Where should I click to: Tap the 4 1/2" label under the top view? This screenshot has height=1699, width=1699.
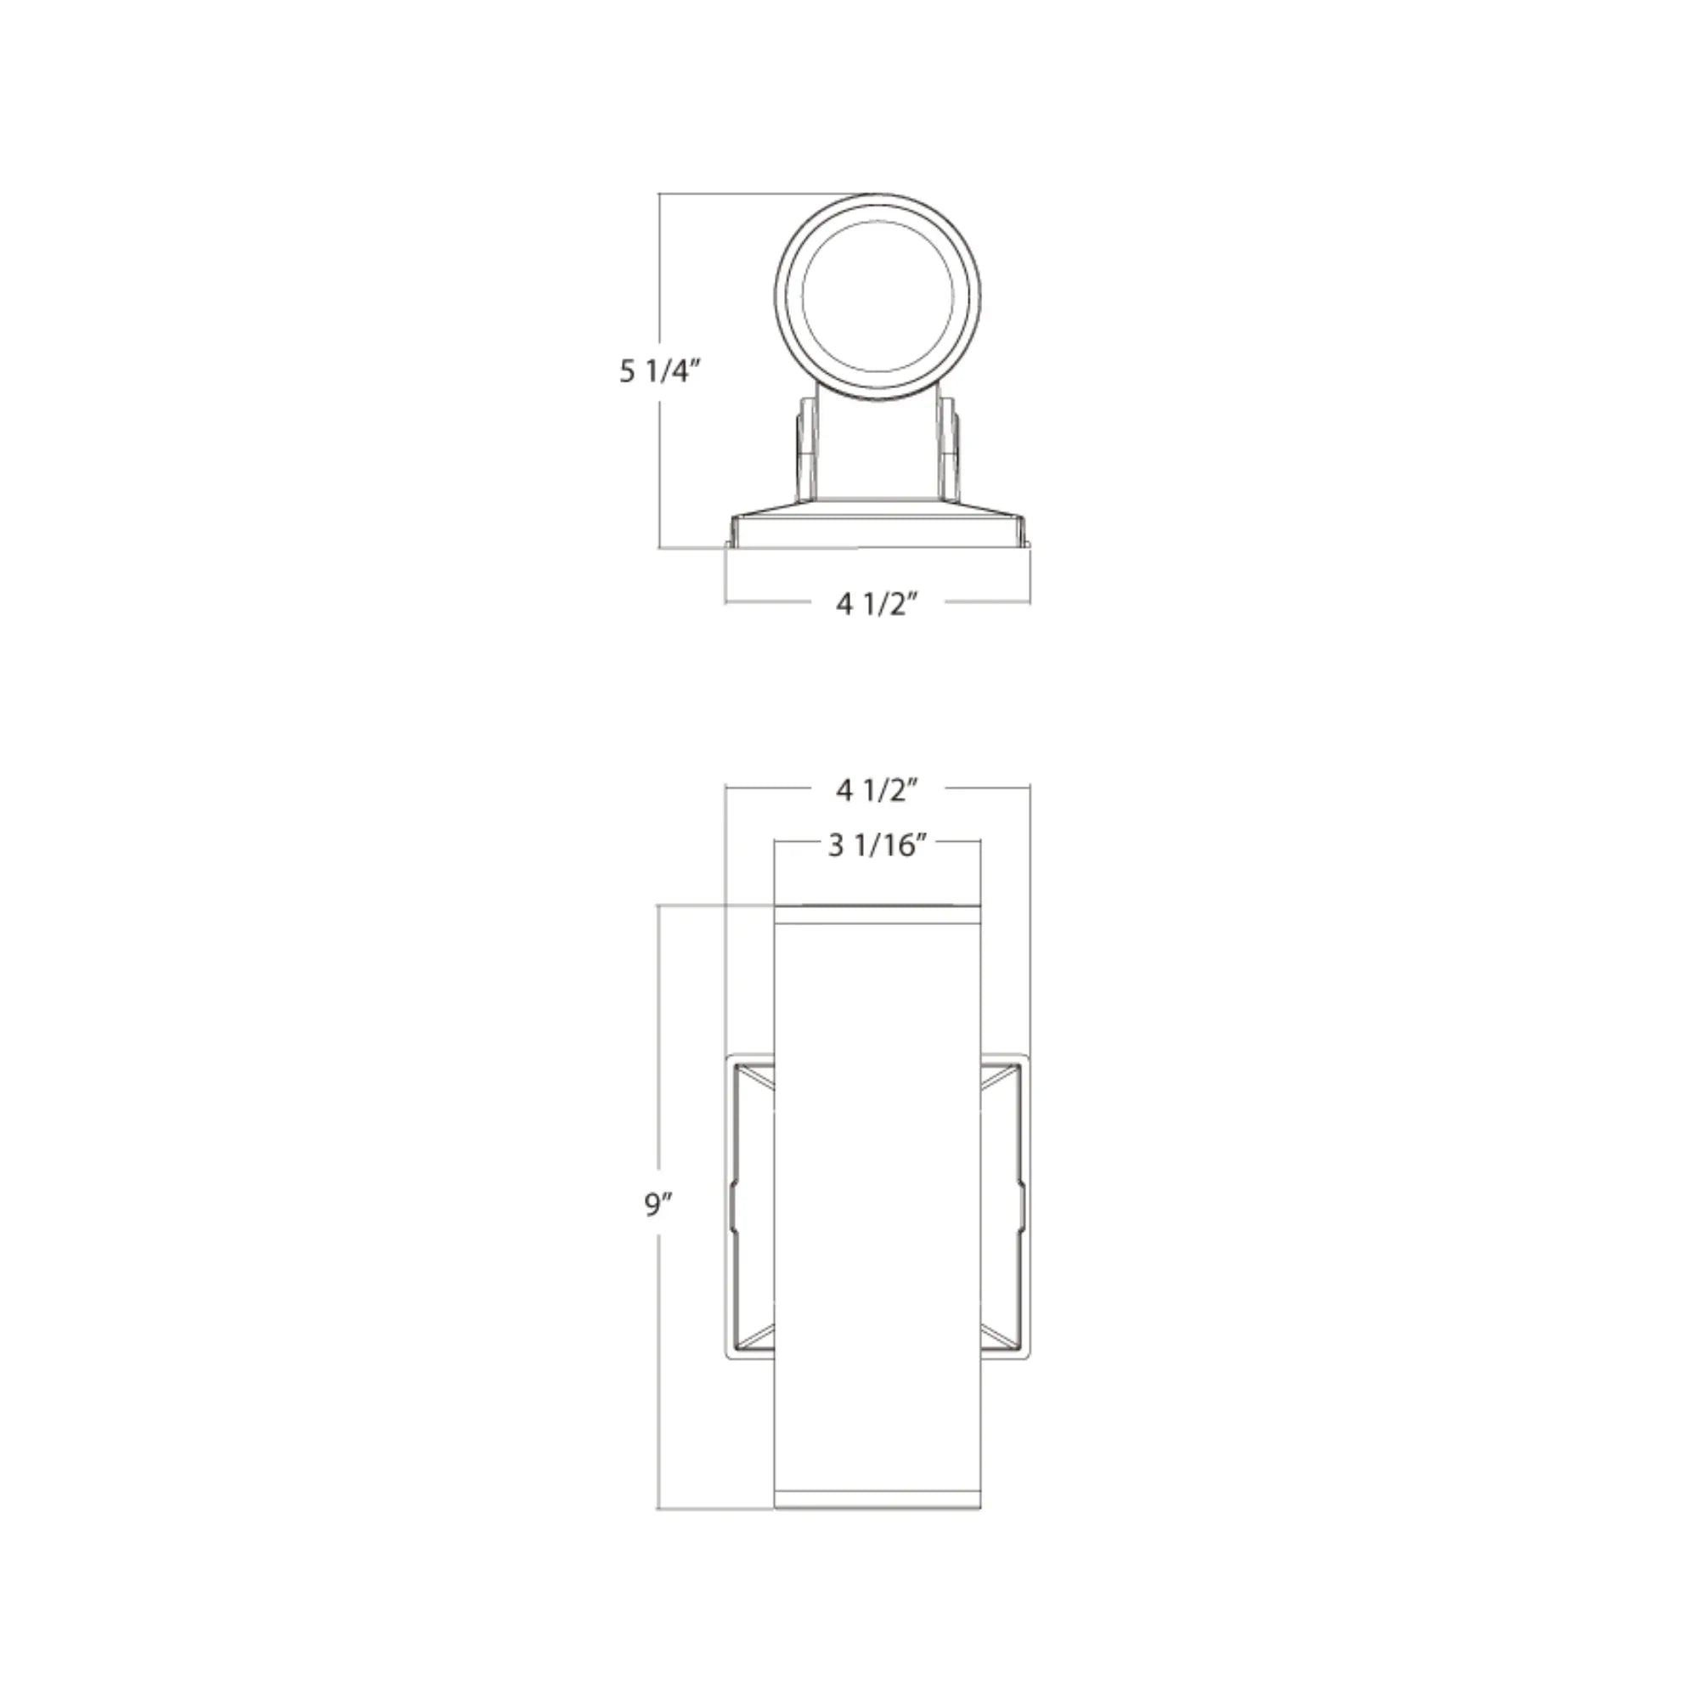[877, 604]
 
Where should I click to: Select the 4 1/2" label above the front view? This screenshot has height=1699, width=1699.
[877, 791]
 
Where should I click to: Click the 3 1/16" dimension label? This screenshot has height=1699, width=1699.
[878, 846]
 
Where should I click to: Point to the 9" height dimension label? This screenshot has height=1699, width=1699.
[658, 1205]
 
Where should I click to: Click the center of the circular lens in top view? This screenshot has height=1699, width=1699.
[878, 296]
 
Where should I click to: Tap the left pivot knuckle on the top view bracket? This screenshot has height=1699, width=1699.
[804, 449]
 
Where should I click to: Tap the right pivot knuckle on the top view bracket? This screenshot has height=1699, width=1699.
[950, 449]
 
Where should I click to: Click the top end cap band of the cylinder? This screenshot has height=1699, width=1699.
[877, 914]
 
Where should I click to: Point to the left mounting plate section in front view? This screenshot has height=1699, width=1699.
[749, 1206]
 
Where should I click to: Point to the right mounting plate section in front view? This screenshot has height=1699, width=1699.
[1004, 1206]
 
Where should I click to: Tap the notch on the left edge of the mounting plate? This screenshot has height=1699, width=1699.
[730, 1205]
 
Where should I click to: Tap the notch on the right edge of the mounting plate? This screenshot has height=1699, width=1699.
[1024, 1205]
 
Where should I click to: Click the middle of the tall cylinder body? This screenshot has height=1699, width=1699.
[877, 1206]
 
